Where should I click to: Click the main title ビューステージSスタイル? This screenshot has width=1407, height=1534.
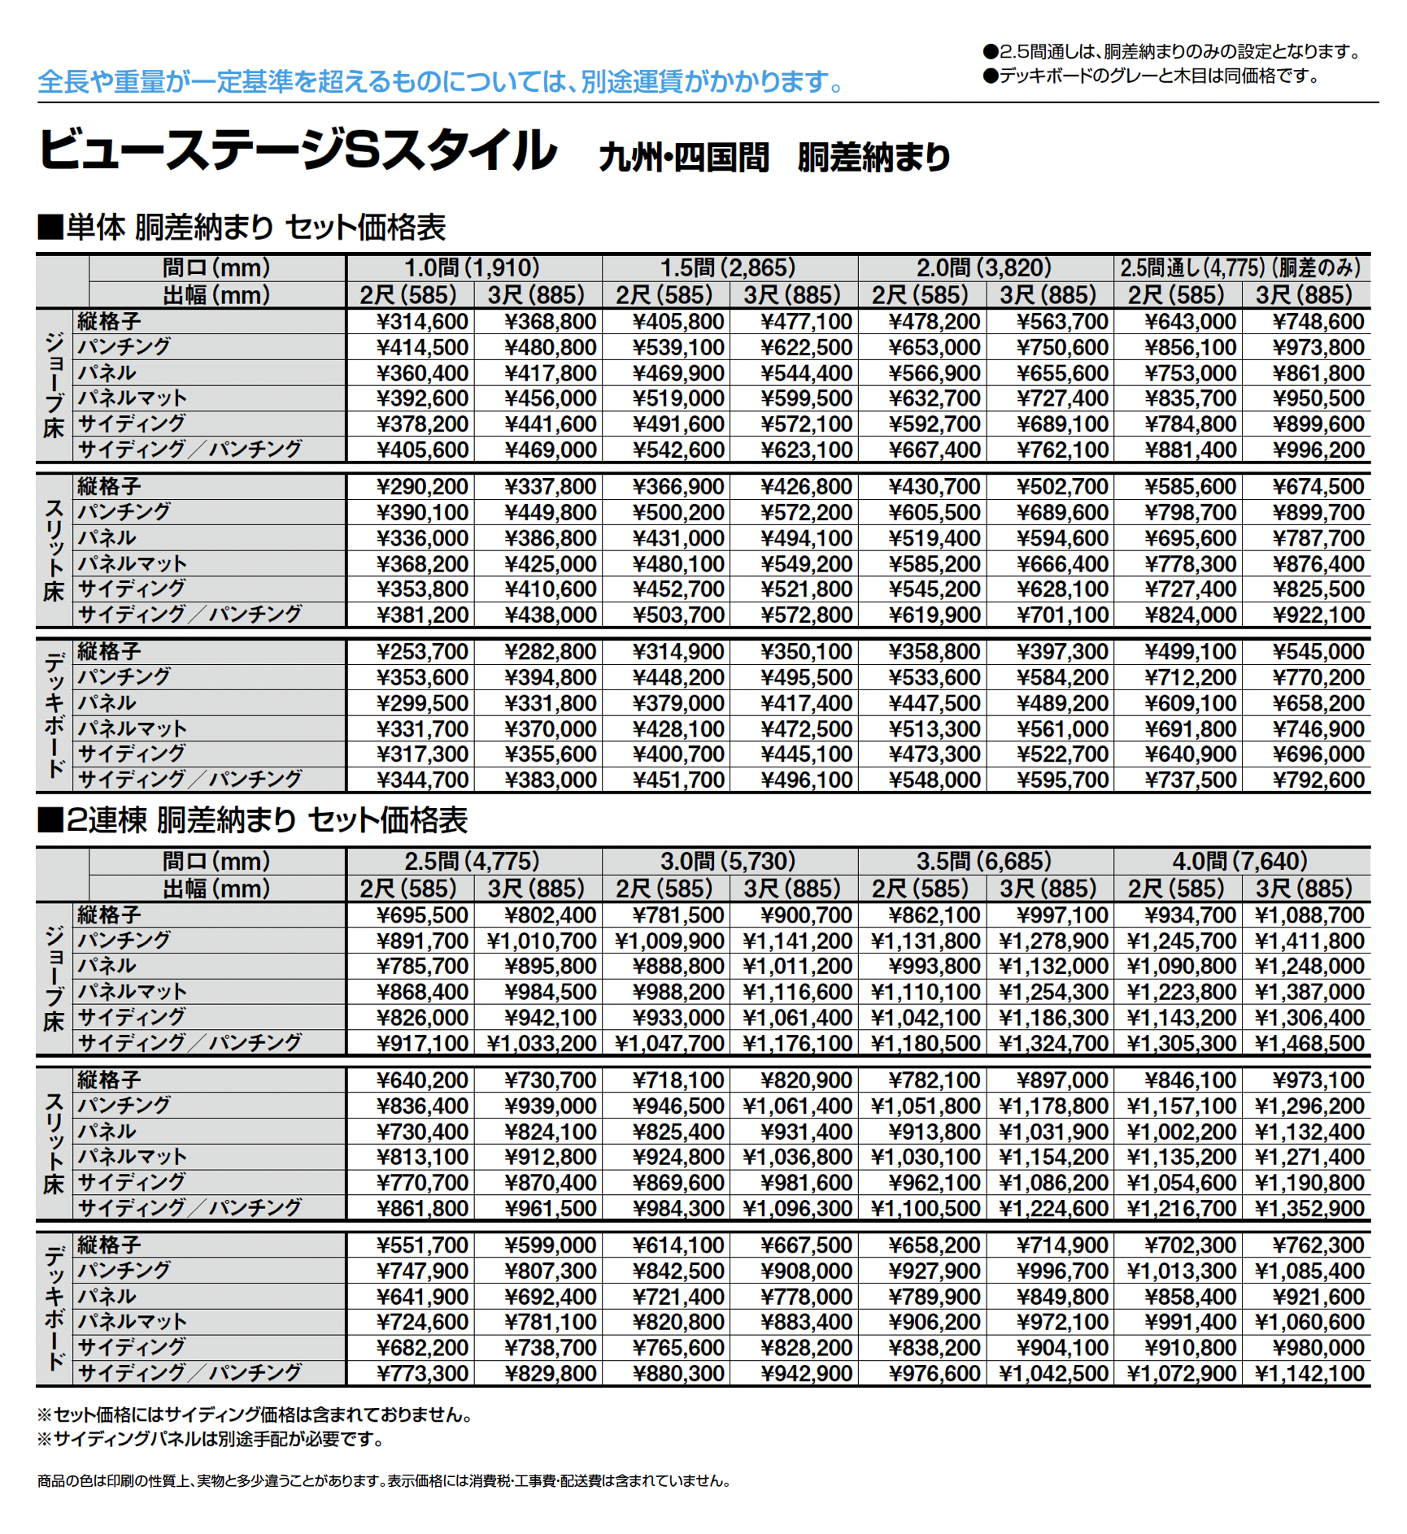[x=298, y=151]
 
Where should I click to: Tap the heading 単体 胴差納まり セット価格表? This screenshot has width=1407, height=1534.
[x=242, y=228]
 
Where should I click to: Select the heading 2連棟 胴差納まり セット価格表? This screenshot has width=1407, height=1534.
[x=253, y=821]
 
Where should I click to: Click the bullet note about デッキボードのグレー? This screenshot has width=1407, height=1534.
[x=1151, y=76]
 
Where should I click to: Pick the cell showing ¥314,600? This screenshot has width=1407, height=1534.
[x=422, y=322]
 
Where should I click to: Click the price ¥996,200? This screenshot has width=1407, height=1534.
[x=1318, y=450]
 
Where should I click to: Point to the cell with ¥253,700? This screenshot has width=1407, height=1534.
[x=422, y=652]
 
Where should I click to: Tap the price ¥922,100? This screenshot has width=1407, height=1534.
[x=1318, y=615]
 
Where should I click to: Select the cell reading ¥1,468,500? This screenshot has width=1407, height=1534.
[x=1309, y=1044]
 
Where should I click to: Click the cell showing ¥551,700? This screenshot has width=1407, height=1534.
[x=422, y=1245]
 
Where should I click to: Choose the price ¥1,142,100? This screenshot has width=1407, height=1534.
[x=1309, y=1374]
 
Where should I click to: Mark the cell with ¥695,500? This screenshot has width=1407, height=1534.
[x=422, y=915]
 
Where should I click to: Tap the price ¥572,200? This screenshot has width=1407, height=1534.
[x=806, y=513]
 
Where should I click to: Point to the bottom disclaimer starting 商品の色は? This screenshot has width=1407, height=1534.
[x=384, y=1481]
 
